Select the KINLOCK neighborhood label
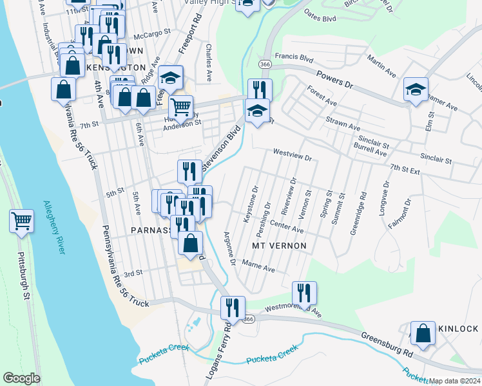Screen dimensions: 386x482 tap(458, 329)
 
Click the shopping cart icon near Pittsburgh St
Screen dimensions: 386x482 tap(21, 222)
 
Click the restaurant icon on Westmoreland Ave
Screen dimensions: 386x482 tap(304, 293)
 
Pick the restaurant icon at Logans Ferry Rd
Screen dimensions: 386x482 tap(233, 309)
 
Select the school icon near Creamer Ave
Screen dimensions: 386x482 tap(416, 91)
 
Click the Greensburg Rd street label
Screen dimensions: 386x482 tap(387, 345)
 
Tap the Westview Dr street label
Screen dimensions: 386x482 tap(292, 155)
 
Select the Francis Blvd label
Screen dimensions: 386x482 tap(293, 57)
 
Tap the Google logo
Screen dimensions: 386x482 tap(21, 378)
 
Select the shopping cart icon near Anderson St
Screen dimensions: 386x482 tap(181, 107)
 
